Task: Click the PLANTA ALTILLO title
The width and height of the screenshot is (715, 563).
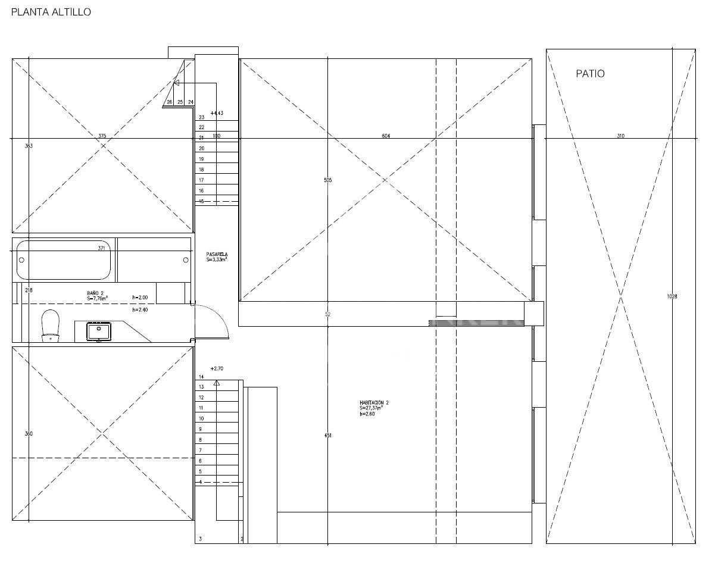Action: (51, 12)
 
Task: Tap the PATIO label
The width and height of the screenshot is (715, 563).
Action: (590, 74)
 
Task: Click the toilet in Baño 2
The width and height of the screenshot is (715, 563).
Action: (50, 326)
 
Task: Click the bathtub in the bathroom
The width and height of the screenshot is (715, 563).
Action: (64, 259)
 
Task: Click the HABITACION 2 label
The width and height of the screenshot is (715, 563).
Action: (374, 405)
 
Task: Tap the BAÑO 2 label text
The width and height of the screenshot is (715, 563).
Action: (95, 294)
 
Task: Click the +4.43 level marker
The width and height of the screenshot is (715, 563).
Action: (217, 112)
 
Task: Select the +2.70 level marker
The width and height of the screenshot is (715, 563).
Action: (217, 369)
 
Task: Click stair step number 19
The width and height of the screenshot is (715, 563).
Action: (201, 159)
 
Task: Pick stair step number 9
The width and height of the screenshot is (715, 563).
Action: (201, 429)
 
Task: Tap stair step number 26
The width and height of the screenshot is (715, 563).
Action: (170, 102)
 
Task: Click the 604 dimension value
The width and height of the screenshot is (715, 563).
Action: (386, 136)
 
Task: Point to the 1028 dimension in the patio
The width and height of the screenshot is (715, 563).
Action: (673, 296)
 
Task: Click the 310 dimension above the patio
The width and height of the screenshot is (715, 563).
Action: (620, 136)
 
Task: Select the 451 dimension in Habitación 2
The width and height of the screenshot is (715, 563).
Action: (328, 436)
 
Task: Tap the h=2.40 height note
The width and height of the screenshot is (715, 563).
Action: (139, 309)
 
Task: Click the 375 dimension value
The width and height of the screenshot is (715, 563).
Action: (102, 136)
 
